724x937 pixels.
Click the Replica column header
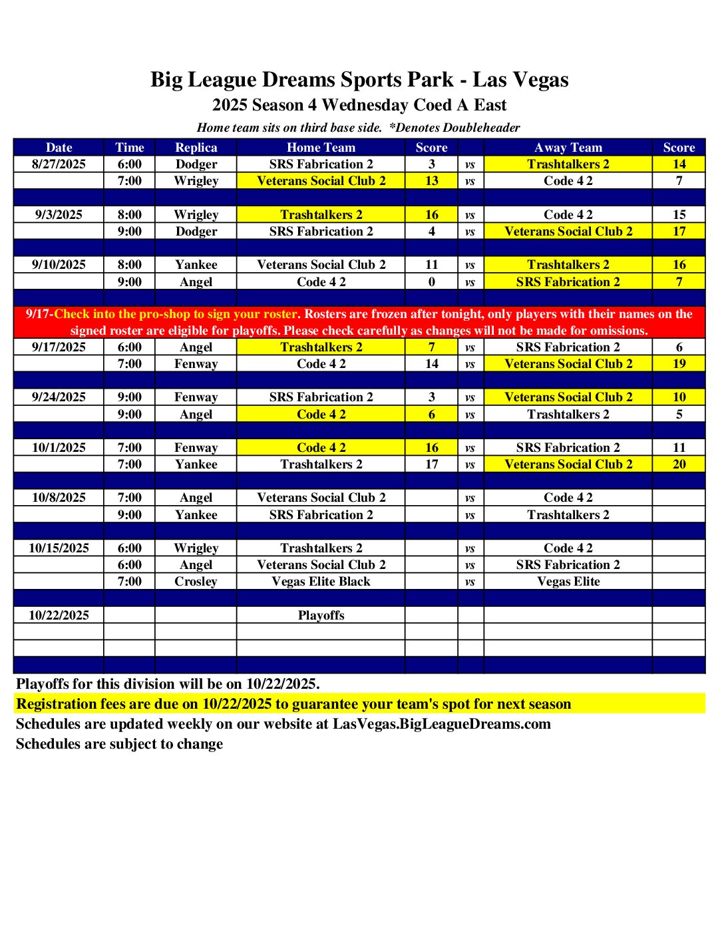coord(196,148)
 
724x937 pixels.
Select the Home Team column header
coord(321,148)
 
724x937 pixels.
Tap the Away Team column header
coord(568,148)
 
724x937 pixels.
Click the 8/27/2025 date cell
coord(59,164)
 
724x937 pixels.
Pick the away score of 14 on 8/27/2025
coord(679,164)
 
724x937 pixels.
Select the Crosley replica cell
coord(196,582)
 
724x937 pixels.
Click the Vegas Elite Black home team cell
coord(321,582)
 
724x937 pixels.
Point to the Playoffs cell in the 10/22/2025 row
coord(321,616)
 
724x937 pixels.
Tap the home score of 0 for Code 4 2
coord(431,282)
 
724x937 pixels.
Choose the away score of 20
coord(679,465)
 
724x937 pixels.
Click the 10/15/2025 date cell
coord(59,548)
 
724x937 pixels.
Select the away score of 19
coord(679,364)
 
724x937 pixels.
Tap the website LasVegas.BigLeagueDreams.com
coord(441,724)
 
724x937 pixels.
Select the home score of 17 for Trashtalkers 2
coord(431,465)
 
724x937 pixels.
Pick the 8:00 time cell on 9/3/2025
coord(129,215)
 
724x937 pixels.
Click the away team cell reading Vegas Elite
coord(568,582)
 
